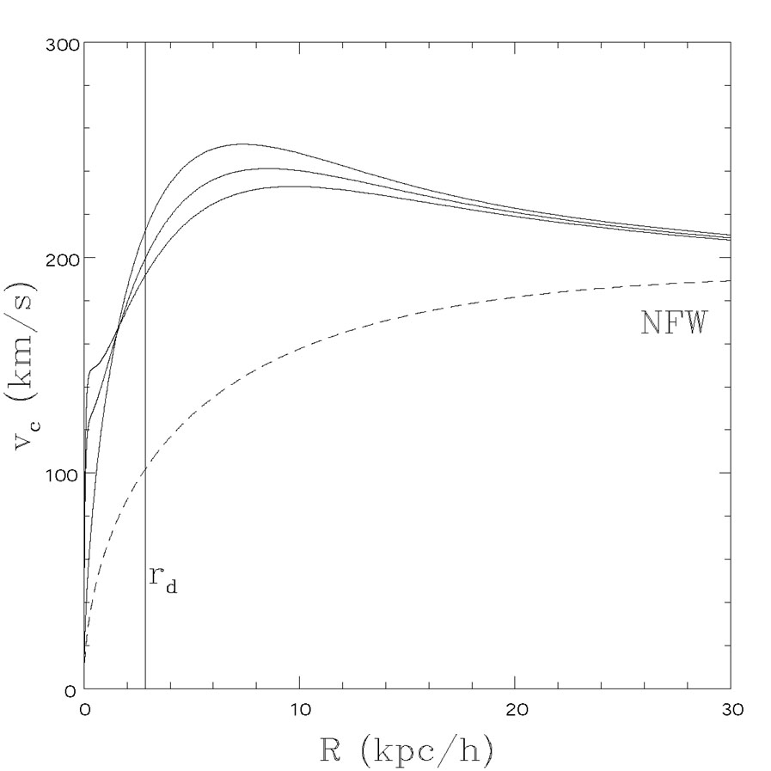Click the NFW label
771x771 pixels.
(x=673, y=323)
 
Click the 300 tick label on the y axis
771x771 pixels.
(x=62, y=44)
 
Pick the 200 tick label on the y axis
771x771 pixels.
(x=62, y=259)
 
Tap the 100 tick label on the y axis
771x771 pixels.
(x=62, y=474)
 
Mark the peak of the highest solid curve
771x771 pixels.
(x=242, y=144)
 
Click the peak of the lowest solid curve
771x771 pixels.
(x=297, y=187)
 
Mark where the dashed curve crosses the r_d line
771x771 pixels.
(x=145, y=469)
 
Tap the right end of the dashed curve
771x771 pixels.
(x=729, y=281)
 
